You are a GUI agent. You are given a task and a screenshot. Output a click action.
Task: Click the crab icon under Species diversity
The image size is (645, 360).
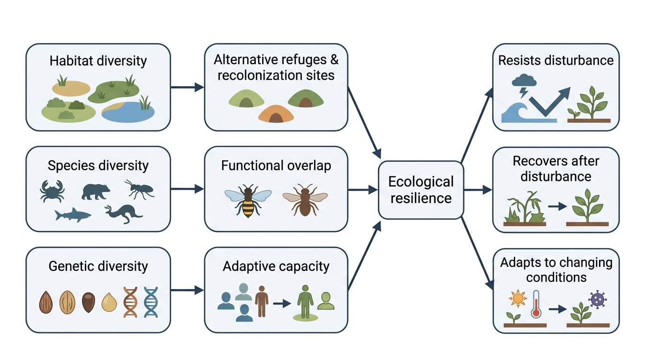pos(52,191)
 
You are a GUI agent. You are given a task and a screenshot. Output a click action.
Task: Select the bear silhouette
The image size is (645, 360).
pos(96,192)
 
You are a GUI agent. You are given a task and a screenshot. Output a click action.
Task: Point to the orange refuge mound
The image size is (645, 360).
pos(276,114)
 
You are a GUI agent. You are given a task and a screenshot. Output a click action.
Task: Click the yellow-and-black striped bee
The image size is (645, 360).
pos(248,201)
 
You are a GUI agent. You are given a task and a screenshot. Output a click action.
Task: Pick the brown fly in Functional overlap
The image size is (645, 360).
pos(305,200)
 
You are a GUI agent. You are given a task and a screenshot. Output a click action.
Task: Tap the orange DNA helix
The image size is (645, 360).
pos(130,302)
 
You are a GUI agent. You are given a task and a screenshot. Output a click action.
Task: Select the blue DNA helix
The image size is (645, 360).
pos(151,302)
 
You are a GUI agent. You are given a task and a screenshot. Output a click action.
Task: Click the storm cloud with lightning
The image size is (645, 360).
pos(524,85)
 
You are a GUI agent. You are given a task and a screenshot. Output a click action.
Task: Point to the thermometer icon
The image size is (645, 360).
pos(536,304)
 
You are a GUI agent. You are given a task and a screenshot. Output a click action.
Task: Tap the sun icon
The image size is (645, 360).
pos(517,299)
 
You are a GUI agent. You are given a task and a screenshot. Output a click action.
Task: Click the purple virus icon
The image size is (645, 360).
pos(598,300)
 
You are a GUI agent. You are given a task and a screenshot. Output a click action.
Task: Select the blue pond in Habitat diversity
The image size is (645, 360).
pos(128,112)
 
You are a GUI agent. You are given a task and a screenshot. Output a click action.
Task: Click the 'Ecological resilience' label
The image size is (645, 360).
pos(421,190)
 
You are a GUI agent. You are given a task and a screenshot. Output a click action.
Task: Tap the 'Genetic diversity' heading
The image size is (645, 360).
pos(98,266)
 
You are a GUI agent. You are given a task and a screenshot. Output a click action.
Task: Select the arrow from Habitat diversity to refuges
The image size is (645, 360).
pos(187,87)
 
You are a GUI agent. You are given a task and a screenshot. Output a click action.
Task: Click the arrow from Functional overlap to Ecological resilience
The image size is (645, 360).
pos(363,190)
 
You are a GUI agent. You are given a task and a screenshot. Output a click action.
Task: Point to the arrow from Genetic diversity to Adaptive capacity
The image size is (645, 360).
pos(187,290)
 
